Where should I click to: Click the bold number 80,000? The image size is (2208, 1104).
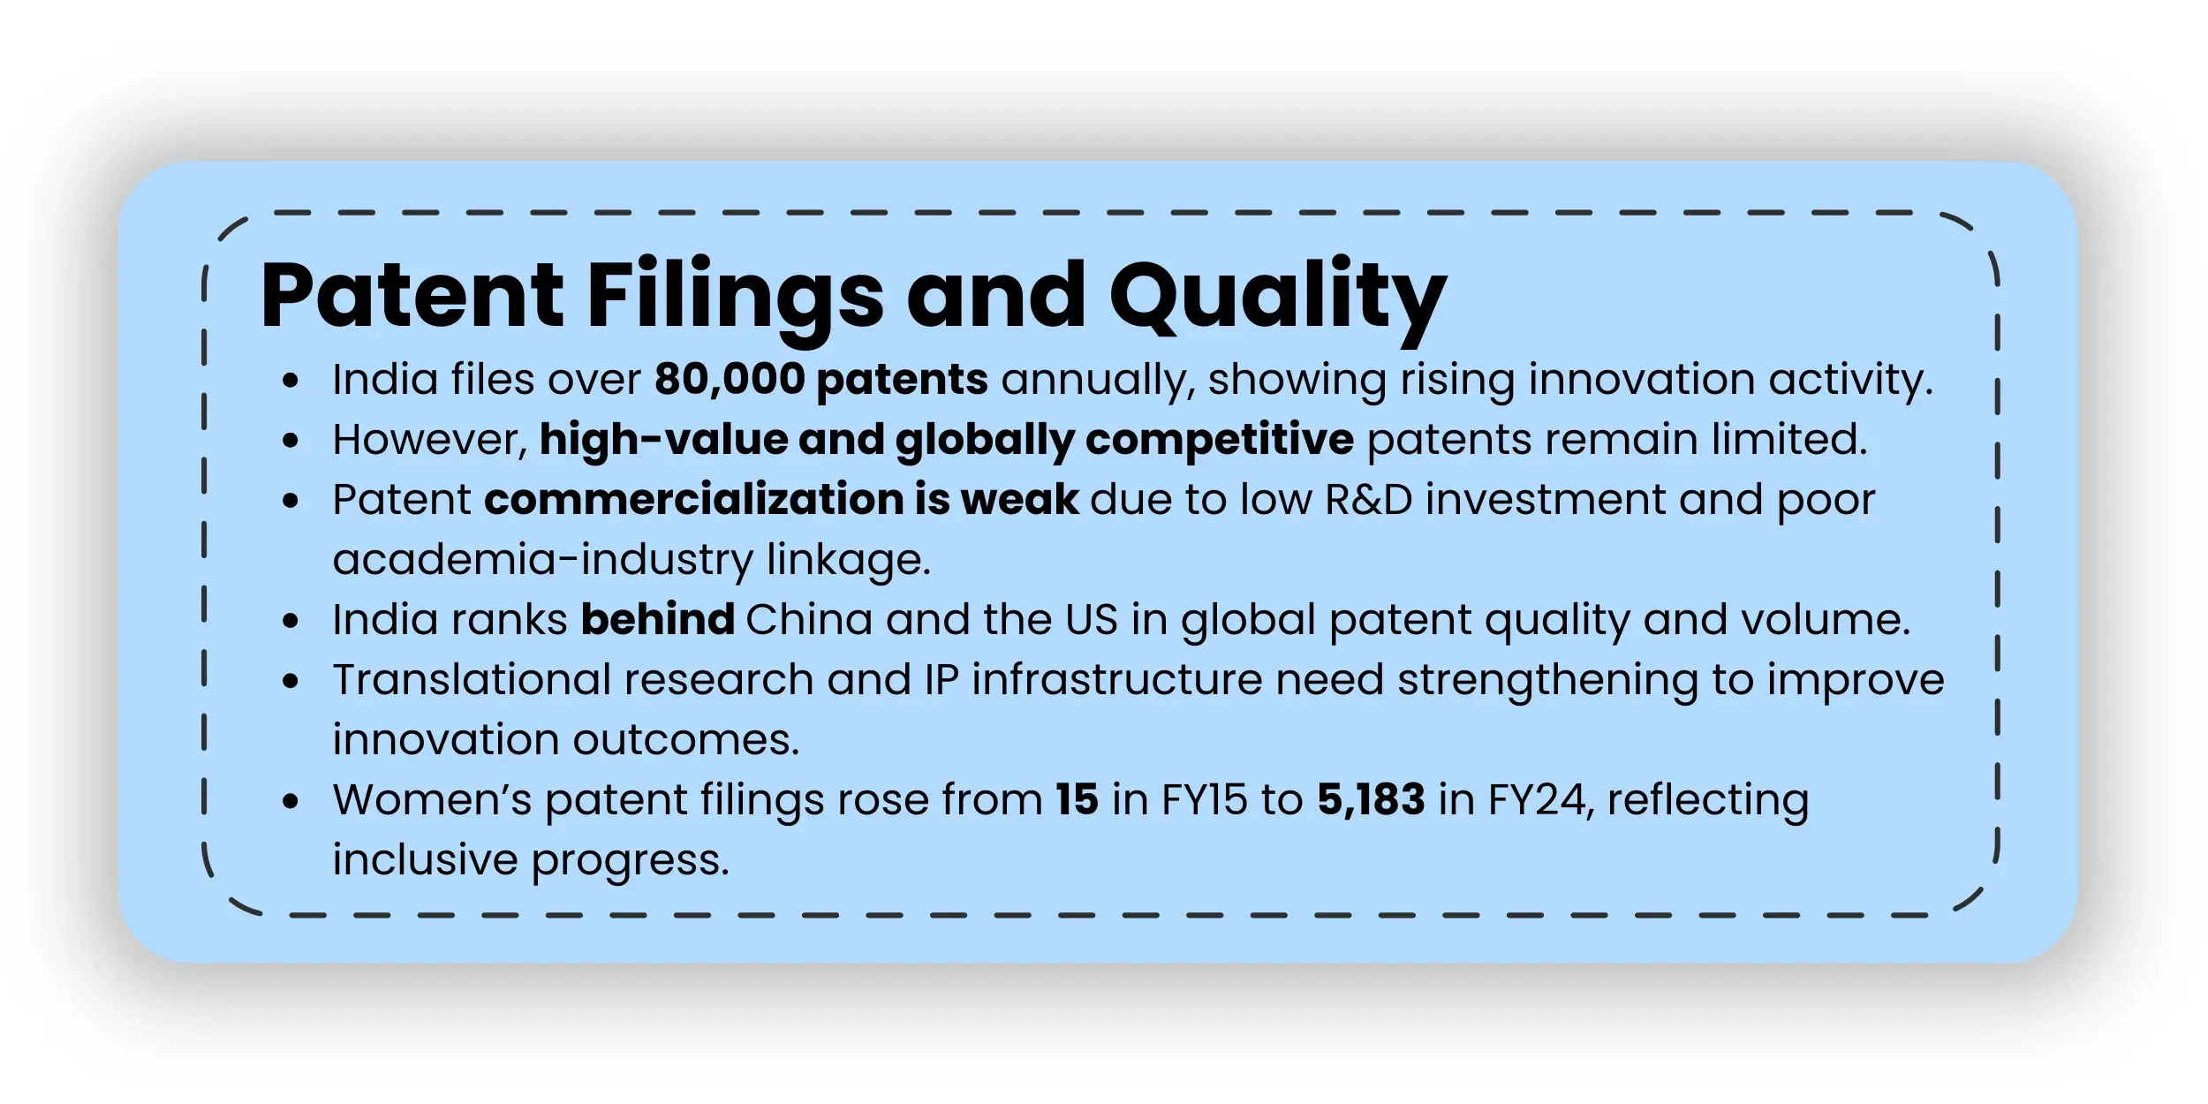(730, 380)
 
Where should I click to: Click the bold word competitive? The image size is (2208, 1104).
(1219, 440)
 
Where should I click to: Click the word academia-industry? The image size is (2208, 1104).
(542, 560)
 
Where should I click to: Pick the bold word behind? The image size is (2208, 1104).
(657, 620)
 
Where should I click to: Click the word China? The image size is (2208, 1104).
(809, 620)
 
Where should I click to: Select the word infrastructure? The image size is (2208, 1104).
(1116, 680)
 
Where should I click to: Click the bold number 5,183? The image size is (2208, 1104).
(1371, 800)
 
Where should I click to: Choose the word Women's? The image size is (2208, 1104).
(432, 800)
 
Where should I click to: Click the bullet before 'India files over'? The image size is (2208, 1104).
(291, 381)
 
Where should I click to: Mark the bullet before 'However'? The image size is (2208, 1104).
(291, 441)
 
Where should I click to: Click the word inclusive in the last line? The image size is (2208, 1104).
(425, 860)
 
